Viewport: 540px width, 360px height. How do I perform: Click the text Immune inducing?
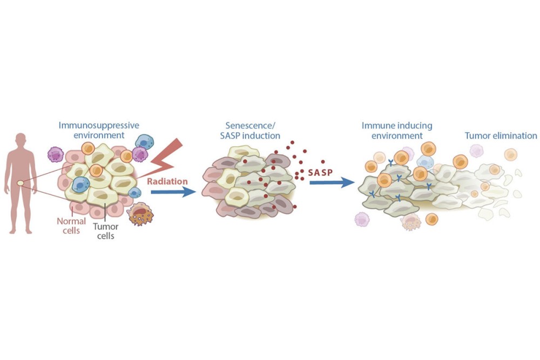[x=396, y=125]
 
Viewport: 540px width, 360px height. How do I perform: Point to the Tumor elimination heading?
[x=501, y=135]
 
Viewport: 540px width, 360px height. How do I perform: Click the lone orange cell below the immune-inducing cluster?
[x=431, y=219]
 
